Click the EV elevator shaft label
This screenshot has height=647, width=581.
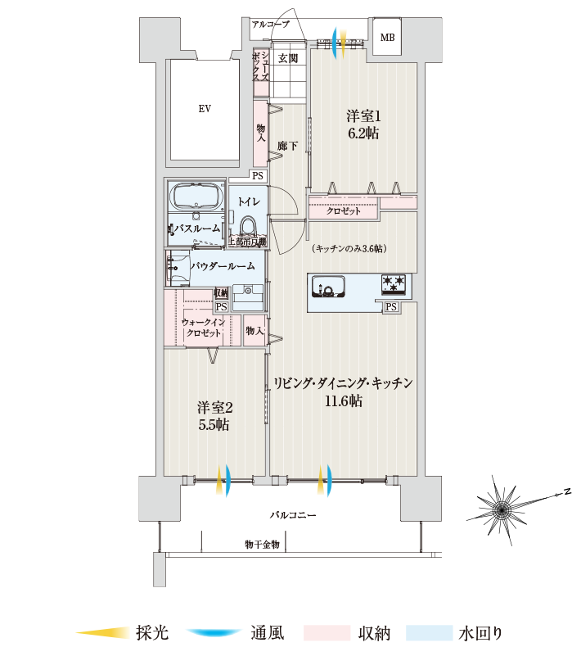pos(205,109)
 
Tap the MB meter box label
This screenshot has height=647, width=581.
pos(387,38)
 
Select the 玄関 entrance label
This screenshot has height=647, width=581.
pos(287,58)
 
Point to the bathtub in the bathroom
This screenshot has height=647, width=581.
pos(196,197)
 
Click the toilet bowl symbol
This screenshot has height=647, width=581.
pos(248,226)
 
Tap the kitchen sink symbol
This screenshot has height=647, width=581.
pos(328,286)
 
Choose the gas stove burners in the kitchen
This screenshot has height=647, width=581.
pos(393,285)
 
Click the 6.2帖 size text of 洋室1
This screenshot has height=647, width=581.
pos(363,133)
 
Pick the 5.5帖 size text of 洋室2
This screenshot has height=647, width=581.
pos(214,424)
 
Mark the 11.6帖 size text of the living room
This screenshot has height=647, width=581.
pos(344,400)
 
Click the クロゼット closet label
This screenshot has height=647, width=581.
pos(344,210)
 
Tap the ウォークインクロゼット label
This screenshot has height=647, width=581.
pos(203,328)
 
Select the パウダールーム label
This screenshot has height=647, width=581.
pos(223,266)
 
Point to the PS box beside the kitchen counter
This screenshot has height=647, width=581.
pos(391,306)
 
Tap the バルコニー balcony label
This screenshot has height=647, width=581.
pos(293,515)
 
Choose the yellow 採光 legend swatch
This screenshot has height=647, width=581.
pos(103,632)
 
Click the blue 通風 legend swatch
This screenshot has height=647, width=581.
pos(214,632)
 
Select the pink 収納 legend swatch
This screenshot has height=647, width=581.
pos(327,632)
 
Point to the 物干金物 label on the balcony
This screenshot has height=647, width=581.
pos(262,545)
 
